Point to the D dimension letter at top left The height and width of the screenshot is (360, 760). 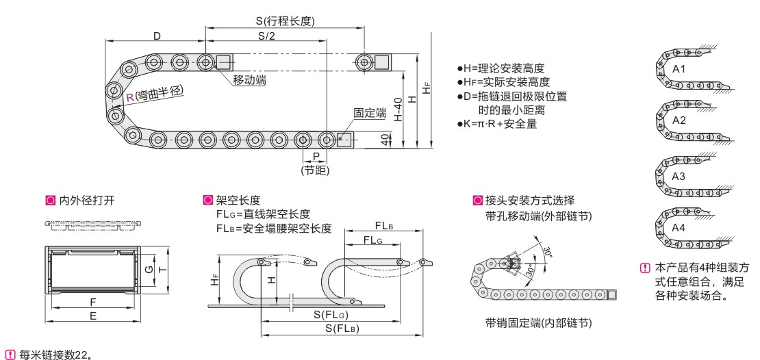157,36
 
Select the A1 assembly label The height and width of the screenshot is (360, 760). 679,69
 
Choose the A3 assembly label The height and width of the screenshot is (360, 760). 679,176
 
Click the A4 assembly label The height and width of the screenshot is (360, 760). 679,228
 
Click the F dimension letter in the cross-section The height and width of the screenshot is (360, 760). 92,301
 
